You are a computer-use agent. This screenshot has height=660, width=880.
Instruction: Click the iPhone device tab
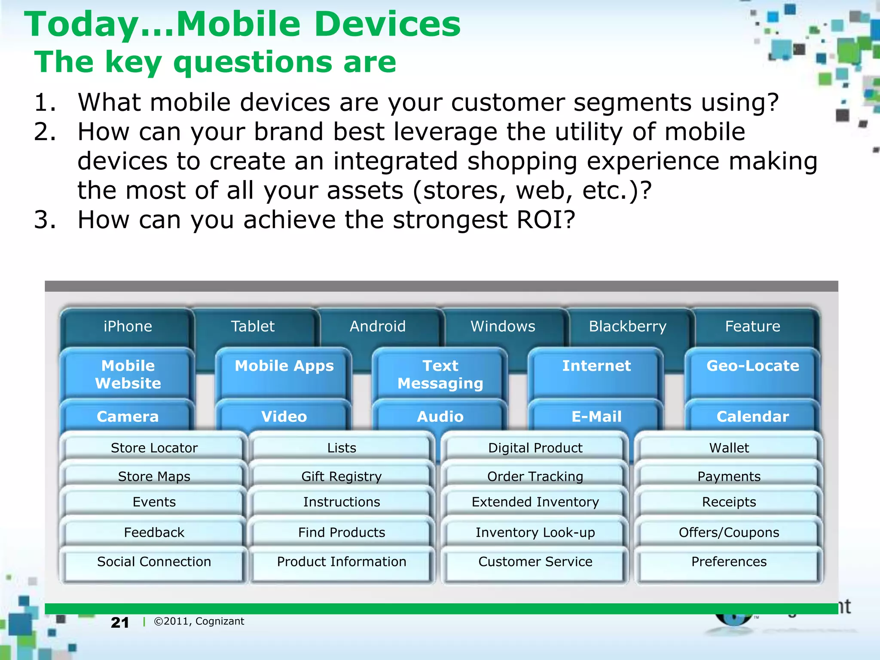(x=128, y=327)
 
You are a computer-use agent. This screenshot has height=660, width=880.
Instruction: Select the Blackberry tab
(x=627, y=327)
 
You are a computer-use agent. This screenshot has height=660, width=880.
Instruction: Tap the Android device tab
(x=378, y=327)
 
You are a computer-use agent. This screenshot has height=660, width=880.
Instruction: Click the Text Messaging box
(x=440, y=374)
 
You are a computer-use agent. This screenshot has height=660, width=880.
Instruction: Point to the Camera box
(x=128, y=416)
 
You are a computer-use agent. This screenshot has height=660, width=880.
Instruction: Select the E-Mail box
(x=596, y=416)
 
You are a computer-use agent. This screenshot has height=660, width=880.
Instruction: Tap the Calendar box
(x=752, y=416)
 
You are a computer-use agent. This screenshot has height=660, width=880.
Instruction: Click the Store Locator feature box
(x=154, y=448)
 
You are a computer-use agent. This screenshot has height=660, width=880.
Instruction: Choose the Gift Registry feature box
(x=341, y=476)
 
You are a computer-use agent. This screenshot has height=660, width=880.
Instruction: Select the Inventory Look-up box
(x=535, y=532)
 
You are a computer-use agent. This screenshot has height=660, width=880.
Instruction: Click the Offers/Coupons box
(x=729, y=532)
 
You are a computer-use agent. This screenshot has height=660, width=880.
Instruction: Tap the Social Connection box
(x=154, y=562)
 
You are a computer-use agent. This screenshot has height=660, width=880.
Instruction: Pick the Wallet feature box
(x=729, y=448)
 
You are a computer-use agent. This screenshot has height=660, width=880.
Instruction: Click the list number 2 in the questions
(x=45, y=131)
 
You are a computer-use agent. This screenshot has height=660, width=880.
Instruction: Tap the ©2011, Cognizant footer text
(x=199, y=621)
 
